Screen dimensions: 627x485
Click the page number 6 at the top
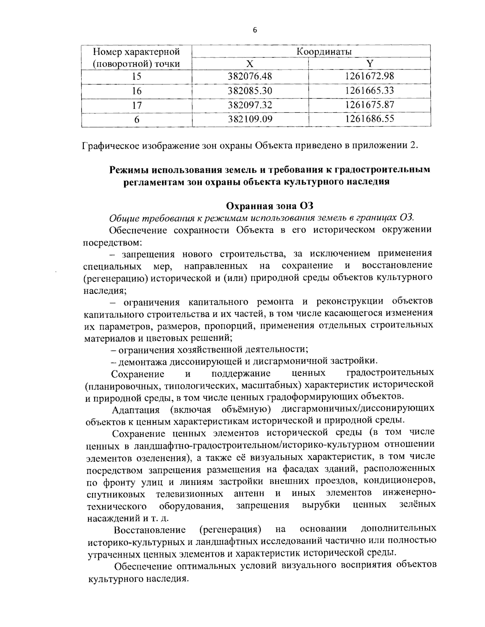[255, 30]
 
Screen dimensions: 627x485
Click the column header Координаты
[324, 52]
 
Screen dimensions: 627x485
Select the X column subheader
[250, 63]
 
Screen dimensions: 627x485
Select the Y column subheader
[369, 63]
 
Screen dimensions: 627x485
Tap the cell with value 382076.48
[250, 76]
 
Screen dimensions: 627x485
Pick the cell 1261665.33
[369, 90]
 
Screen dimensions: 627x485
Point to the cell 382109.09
[250, 119]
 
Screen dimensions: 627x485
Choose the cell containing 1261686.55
[369, 119]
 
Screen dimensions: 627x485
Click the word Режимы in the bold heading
[129, 170]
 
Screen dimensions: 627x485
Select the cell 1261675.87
[369, 105]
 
